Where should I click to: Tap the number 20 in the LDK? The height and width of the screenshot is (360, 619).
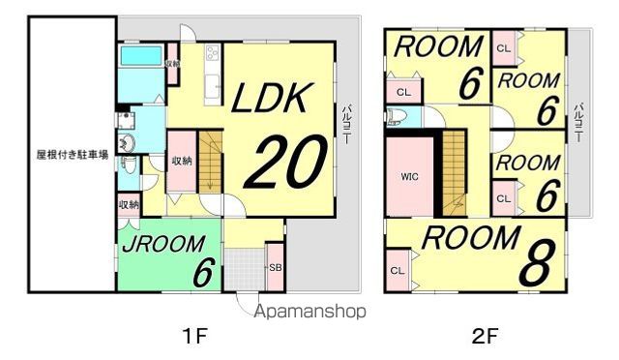286,162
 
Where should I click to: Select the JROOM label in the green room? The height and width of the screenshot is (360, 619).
163,244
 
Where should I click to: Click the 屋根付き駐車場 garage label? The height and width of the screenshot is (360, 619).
73,155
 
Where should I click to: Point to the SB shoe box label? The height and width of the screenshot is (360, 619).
275,267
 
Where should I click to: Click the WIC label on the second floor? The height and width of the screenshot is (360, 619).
409,177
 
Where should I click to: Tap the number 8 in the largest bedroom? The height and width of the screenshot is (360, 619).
537,262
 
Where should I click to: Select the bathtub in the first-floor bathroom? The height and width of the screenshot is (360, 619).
141,56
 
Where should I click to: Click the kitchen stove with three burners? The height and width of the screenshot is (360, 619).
213,53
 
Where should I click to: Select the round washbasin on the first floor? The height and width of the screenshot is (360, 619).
127,142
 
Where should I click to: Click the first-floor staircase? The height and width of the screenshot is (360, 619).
210,162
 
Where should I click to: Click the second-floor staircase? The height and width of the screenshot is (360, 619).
454,172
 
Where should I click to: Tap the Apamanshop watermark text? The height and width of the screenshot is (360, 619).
310,312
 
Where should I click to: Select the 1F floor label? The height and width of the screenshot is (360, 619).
194,337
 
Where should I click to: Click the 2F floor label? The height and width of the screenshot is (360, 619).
485,337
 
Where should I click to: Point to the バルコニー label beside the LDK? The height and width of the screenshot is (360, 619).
346,124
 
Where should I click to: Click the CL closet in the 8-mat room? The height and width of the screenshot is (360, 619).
398,270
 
